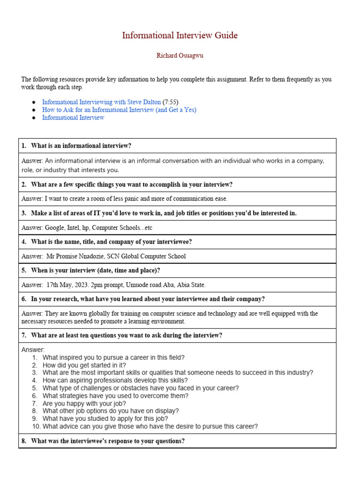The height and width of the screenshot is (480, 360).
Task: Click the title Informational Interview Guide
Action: [180, 36]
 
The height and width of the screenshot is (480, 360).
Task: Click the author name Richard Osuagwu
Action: [180, 56]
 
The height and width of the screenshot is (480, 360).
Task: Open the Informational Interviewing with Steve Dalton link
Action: [101, 102]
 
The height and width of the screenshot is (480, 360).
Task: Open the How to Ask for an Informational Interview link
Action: [119, 110]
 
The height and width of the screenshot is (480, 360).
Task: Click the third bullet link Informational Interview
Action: [73, 118]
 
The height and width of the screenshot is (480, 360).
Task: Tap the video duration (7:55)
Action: [171, 102]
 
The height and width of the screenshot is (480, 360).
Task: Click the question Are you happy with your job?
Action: [84, 404]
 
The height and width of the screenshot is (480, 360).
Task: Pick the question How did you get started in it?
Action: [84, 365]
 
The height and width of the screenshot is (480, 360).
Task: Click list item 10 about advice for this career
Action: [150, 427]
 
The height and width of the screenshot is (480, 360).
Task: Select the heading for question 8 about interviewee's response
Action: [107, 441]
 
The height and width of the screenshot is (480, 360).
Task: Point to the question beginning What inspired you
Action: [113, 358]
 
